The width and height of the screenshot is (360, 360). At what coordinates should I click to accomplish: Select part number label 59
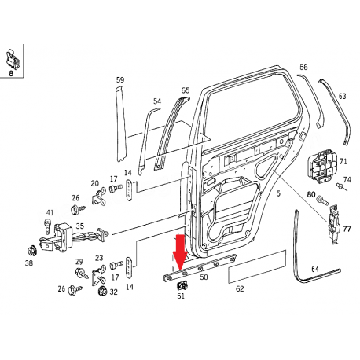tap(120, 80)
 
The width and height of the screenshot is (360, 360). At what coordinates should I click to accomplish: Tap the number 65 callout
tap(186, 90)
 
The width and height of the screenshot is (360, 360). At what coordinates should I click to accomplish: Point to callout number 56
tap(303, 68)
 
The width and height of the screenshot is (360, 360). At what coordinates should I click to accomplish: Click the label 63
tap(343, 97)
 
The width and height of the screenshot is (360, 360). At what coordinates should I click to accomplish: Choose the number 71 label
tap(343, 161)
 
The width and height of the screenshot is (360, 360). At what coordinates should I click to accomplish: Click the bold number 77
tap(347, 229)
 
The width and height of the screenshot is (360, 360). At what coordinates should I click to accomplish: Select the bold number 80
tap(311, 194)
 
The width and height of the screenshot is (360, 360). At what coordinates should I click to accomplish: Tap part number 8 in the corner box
tap(11, 73)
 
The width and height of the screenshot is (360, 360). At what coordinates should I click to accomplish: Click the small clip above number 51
tap(182, 285)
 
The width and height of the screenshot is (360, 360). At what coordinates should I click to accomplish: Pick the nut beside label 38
tap(32, 251)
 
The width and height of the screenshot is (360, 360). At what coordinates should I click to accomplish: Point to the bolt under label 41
tap(48, 226)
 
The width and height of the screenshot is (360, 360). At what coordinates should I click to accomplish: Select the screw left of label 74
tap(341, 187)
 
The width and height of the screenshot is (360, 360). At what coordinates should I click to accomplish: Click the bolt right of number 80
tap(322, 200)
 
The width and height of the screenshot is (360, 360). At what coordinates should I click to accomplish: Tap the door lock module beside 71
tap(321, 166)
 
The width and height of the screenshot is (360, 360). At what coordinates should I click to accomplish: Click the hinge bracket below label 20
tap(99, 197)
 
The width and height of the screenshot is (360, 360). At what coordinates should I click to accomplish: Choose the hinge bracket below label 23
tap(99, 275)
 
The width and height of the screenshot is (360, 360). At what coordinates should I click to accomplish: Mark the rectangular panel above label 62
tap(257, 266)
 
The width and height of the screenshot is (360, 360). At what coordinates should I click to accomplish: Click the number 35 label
tap(80, 226)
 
